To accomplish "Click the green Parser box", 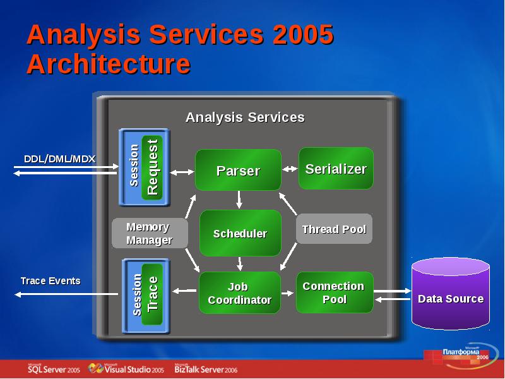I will tap(238, 171).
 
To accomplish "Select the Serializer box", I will tap(336, 169).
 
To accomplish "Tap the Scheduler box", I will tap(240, 233).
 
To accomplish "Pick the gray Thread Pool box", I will tap(334, 229).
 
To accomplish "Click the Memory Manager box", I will tap(149, 233).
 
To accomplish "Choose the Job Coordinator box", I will tap(240, 293).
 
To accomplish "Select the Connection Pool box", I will tap(334, 292).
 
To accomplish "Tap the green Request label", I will tap(152, 167).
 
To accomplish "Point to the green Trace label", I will tap(152, 294).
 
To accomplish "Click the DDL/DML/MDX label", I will tap(59, 159).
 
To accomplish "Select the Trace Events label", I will tap(50, 280).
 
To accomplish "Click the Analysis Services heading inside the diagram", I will tap(245, 117).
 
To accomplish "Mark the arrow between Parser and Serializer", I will tap(290, 169).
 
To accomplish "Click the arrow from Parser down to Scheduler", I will tap(239, 200).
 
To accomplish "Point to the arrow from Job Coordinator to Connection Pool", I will tap(288, 292).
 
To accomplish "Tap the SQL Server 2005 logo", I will tap(53, 369).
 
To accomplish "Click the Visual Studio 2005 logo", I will tap(126, 368).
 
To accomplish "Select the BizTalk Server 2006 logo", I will tap(206, 369).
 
